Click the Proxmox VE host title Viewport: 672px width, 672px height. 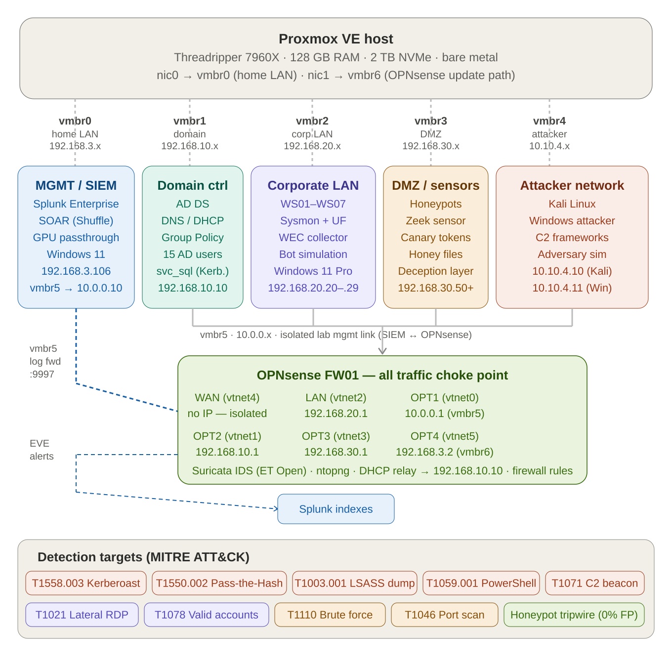coord(336,39)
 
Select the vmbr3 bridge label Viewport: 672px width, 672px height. coord(431,121)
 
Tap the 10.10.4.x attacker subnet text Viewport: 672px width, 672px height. coord(549,146)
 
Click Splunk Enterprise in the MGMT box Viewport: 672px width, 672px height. coord(76,204)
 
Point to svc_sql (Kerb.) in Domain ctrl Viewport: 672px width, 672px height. coord(193,271)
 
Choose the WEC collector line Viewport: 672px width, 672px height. coord(313,238)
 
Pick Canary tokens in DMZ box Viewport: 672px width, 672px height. coord(436,238)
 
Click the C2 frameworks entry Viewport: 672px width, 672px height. coord(572,238)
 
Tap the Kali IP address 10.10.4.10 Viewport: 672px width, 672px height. coord(572,271)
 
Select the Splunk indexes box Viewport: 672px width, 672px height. coord(336,509)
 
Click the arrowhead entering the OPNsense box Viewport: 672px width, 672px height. coord(382,351)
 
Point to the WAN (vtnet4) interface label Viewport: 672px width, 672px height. coord(227,398)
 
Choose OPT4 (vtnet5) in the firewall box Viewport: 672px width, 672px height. coord(445,436)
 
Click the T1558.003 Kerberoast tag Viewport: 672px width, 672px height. coord(86,583)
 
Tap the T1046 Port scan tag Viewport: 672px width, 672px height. coord(445,615)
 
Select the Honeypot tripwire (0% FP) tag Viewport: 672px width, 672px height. coord(574,615)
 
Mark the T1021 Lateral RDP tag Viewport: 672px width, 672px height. coord(82,615)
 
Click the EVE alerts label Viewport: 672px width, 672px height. coord(42,450)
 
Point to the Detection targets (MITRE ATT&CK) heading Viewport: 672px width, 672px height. coord(143,557)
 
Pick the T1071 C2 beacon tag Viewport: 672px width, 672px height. coord(595,583)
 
